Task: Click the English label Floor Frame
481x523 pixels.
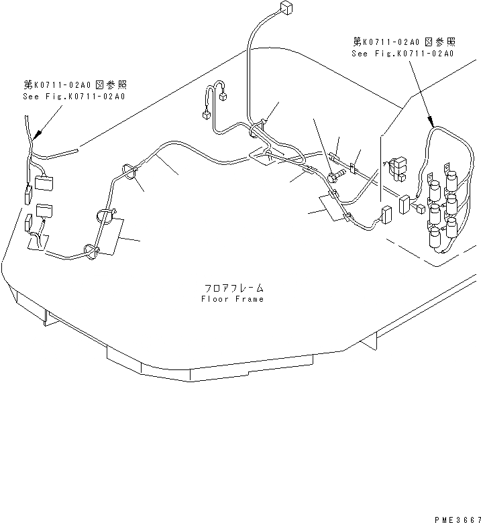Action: click(232, 298)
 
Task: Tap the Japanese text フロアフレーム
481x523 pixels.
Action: click(233, 288)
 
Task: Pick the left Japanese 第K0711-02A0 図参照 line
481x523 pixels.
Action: click(74, 85)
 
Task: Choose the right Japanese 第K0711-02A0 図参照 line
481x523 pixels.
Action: click(403, 42)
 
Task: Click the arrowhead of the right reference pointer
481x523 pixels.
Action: click(431, 123)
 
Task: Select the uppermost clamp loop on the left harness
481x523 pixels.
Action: click(128, 172)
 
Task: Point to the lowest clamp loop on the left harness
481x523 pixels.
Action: click(89, 251)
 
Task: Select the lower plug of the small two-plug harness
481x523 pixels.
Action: click(206, 115)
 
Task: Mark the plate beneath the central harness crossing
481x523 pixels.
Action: click(264, 157)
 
